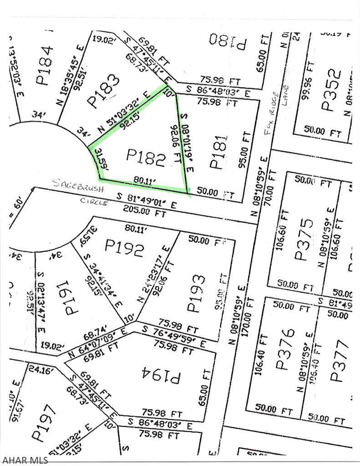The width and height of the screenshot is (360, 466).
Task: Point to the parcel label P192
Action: click(x=125, y=248)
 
